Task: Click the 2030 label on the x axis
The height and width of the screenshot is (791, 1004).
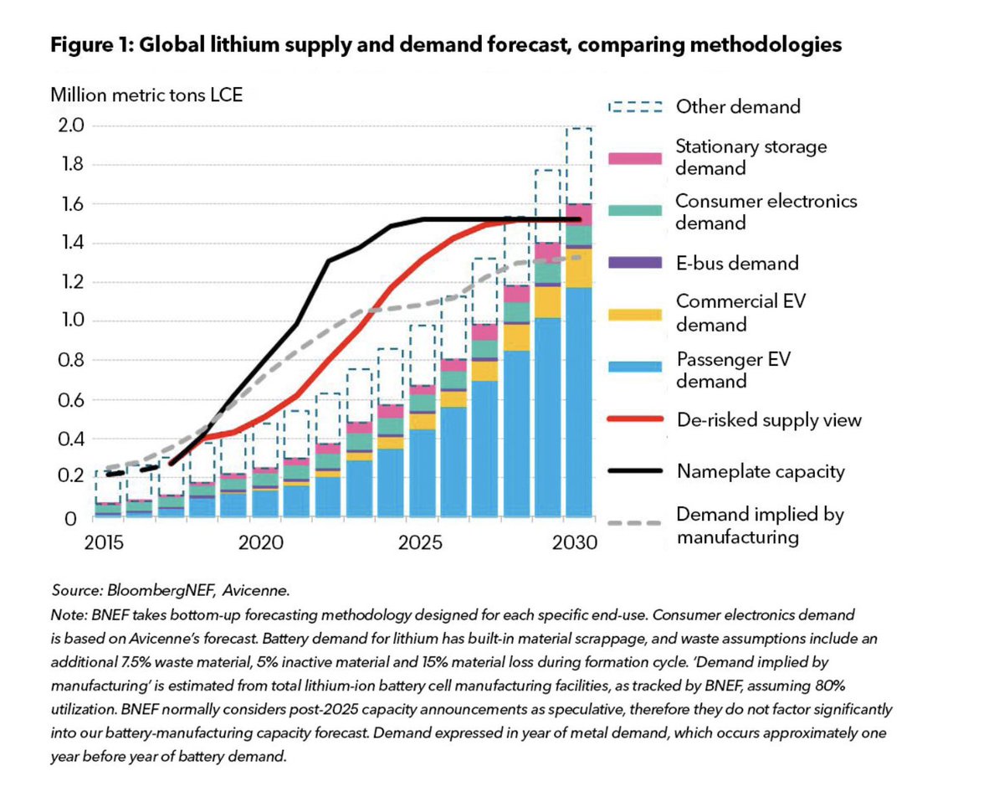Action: point(575,542)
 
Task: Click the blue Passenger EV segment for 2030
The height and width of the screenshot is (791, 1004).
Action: point(579,402)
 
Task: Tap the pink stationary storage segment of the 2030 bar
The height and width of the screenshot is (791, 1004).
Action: point(579,214)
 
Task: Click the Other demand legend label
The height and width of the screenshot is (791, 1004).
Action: point(738,106)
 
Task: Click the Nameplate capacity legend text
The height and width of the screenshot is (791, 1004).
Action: point(760,471)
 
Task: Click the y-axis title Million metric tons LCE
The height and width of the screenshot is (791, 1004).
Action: point(146,94)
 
